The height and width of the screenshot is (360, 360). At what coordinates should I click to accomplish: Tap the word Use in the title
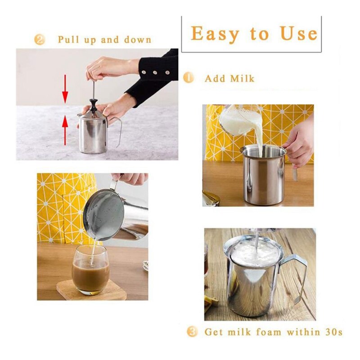point(299,33)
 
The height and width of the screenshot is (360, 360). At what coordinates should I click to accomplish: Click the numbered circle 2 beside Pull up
point(40,40)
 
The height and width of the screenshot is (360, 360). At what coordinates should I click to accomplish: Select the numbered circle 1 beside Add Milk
point(189,78)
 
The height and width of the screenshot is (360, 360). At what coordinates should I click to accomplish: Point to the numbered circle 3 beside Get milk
point(192,332)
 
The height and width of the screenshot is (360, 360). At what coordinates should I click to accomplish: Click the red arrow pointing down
point(65,89)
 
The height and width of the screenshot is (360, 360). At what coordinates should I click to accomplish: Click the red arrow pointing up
point(65,130)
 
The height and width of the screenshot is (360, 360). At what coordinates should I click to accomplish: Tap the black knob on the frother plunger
point(93,105)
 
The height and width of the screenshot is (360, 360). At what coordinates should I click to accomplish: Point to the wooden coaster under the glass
point(92,289)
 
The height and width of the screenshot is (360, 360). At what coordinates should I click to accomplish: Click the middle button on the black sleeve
point(155,72)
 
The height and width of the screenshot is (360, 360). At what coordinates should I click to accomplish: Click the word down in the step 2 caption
point(138,40)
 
